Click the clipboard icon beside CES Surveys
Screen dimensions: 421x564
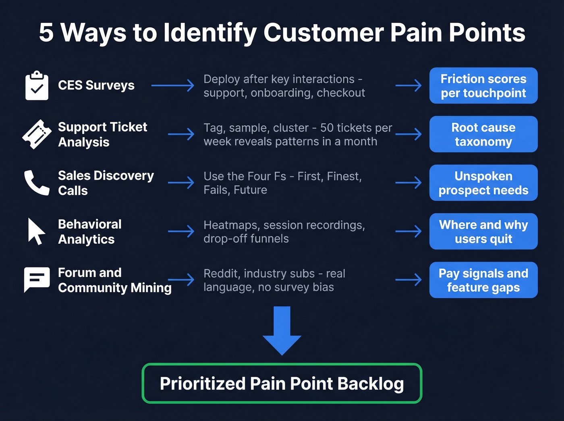point(37,86)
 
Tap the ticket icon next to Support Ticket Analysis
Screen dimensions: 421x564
point(37,134)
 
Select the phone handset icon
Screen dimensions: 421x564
point(37,183)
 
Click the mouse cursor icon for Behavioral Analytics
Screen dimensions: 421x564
point(36,231)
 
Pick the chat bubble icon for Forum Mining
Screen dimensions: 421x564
point(37,279)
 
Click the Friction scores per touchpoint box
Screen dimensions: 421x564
point(483,86)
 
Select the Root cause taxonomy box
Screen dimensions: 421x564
point(483,134)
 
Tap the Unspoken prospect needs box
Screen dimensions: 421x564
point(483,183)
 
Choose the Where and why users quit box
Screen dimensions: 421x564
point(483,231)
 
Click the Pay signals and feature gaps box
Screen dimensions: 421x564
point(483,280)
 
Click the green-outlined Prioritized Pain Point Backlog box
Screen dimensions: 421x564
point(282,384)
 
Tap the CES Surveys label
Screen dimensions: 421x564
point(96,85)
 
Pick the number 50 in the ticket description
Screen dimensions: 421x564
point(327,128)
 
